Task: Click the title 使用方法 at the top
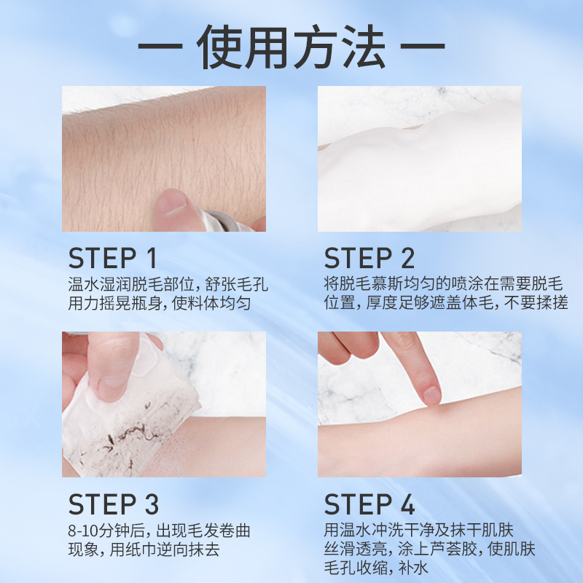[291, 47]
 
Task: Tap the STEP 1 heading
[113, 258]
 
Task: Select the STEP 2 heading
[369, 258]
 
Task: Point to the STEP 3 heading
[113, 504]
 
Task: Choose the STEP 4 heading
[369, 504]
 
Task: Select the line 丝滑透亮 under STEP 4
[357, 549]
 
